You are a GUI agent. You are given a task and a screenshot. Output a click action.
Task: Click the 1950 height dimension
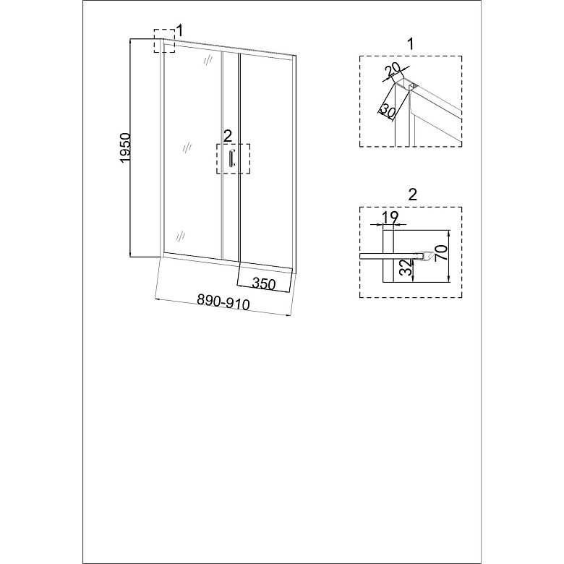click(125, 148)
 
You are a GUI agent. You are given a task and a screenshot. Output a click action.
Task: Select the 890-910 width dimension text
click(223, 302)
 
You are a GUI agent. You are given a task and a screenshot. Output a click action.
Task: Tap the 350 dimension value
click(264, 283)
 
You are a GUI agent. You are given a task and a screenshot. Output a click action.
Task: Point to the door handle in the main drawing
click(231, 158)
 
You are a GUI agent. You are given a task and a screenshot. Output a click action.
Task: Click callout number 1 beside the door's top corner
click(179, 30)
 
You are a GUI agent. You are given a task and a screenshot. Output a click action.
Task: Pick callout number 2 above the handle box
click(228, 137)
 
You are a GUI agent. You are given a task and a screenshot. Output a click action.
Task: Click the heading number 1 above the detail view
click(411, 44)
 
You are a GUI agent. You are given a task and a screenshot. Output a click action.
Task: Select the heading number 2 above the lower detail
click(413, 195)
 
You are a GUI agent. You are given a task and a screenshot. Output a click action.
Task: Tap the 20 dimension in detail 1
click(392, 69)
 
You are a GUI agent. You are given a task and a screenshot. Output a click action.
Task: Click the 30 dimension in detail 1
click(387, 110)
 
